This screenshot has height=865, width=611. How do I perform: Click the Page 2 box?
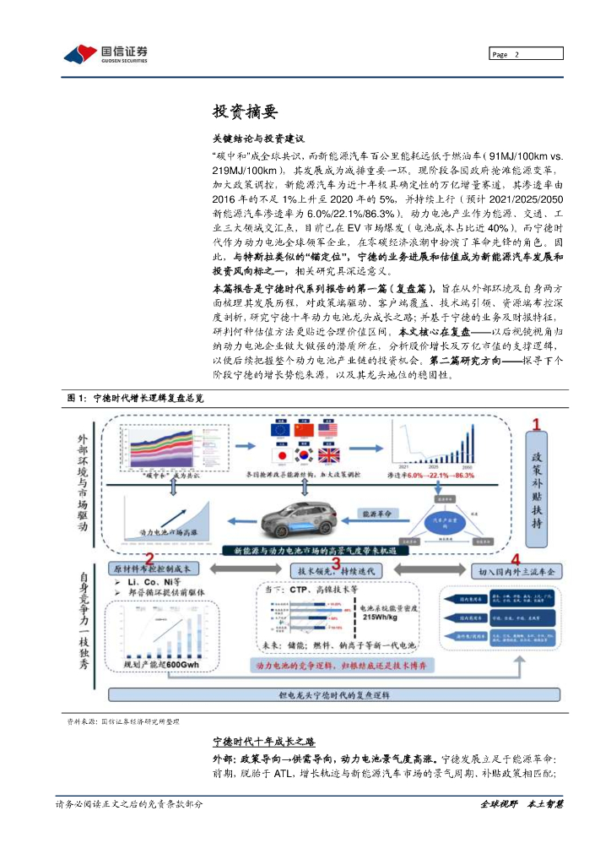(526, 54)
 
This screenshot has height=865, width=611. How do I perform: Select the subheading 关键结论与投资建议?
(257, 138)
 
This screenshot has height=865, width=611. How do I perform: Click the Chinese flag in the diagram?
(304, 430)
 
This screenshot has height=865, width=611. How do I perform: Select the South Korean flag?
(304, 454)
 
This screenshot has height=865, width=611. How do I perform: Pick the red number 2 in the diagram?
(149, 558)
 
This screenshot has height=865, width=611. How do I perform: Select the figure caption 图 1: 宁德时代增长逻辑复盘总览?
(135, 396)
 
